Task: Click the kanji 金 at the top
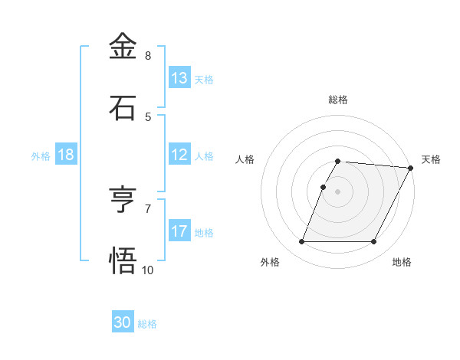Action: [x=123, y=47]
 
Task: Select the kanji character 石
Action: [x=123, y=108]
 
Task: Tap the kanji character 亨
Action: [x=123, y=201]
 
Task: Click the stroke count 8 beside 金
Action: [x=148, y=56]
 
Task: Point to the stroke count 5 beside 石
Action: [x=148, y=117]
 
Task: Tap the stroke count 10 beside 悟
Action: [x=148, y=270]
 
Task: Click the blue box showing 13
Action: [x=179, y=78]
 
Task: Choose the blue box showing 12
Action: [x=179, y=155]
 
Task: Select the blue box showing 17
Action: [x=179, y=231]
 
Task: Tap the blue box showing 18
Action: [x=66, y=155]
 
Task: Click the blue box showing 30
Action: [x=123, y=322]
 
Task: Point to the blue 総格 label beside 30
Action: [x=147, y=324]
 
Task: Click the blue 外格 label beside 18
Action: [x=41, y=156]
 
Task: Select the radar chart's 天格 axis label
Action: [x=431, y=159]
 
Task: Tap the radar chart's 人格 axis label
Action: [x=245, y=159]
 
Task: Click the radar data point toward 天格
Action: [x=411, y=168]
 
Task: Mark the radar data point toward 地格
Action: [x=374, y=242]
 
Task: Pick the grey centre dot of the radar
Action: [x=338, y=191]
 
